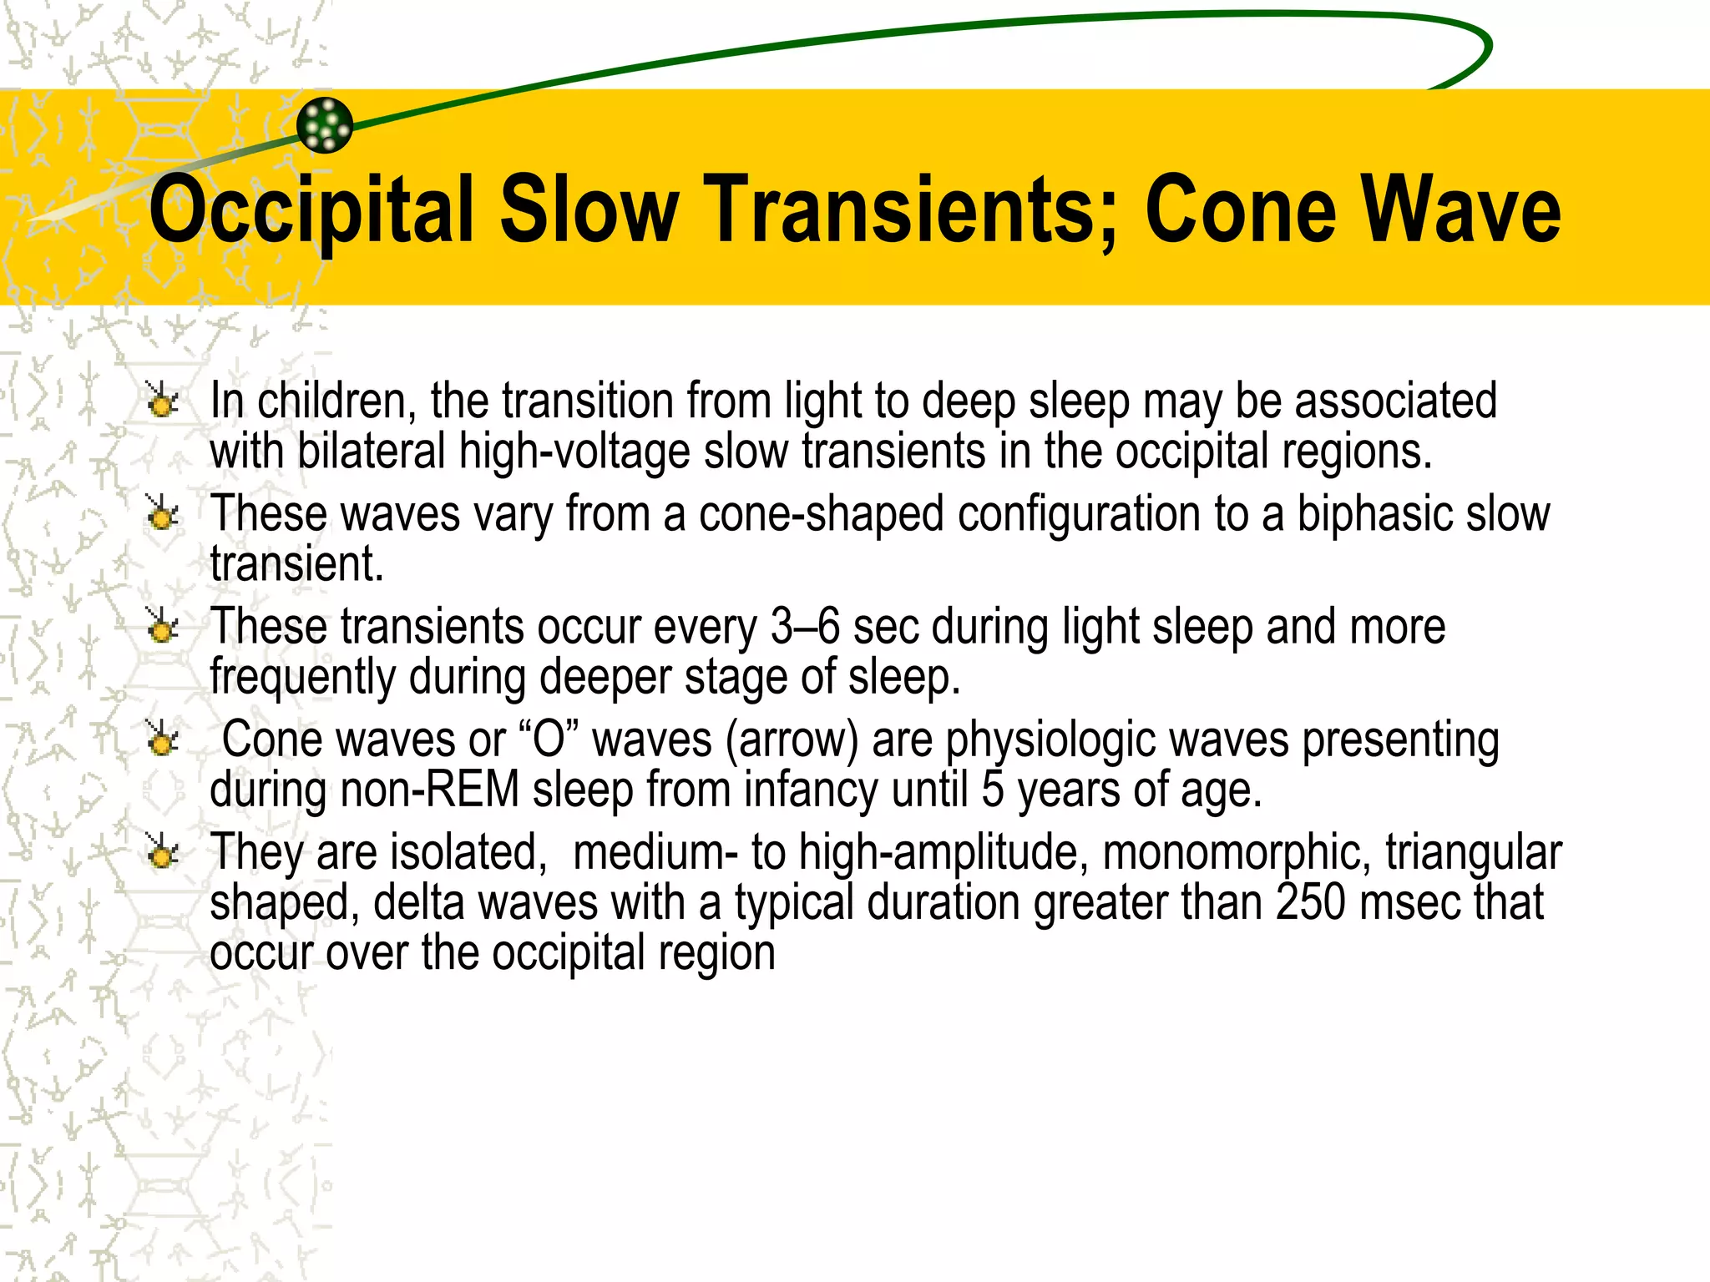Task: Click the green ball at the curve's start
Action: [x=325, y=125]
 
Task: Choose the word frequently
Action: [x=302, y=677]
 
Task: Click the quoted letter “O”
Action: [x=549, y=739]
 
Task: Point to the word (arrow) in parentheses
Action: [x=792, y=739]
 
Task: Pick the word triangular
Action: [x=1474, y=852]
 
